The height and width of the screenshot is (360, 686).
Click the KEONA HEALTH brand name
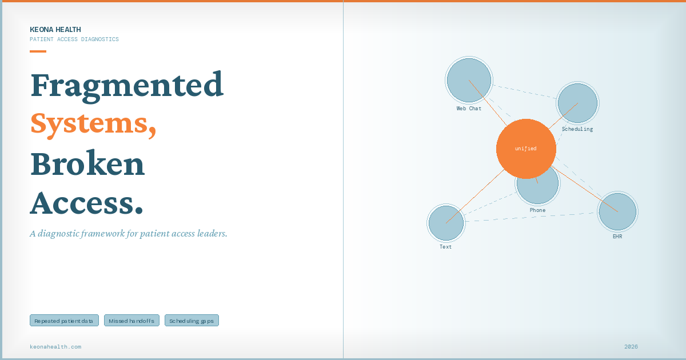[x=55, y=29]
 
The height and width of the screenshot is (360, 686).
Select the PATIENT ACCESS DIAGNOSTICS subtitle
[x=74, y=39]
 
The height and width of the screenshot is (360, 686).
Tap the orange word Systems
[x=93, y=125]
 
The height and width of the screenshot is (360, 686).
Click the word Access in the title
[x=87, y=202]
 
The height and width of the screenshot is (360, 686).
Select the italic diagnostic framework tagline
[x=129, y=234]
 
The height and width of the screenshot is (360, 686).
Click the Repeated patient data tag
[x=64, y=321]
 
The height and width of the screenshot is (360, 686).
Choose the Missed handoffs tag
[x=131, y=321]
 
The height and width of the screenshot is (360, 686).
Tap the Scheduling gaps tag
[x=192, y=321]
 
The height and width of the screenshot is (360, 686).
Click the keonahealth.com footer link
[x=55, y=346]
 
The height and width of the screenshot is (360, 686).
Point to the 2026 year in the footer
[x=631, y=346]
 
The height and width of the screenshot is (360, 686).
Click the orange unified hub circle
[x=526, y=149]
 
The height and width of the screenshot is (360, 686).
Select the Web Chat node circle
[x=469, y=80]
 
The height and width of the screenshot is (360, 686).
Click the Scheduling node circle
[x=577, y=103]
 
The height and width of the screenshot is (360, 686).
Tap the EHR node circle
[x=618, y=211]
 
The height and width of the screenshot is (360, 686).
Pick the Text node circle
[x=446, y=223]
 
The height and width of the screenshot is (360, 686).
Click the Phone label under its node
[x=537, y=210]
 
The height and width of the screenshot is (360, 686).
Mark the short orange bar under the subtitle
[x=38, y=51]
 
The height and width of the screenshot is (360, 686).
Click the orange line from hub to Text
[x=475, y=196]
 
